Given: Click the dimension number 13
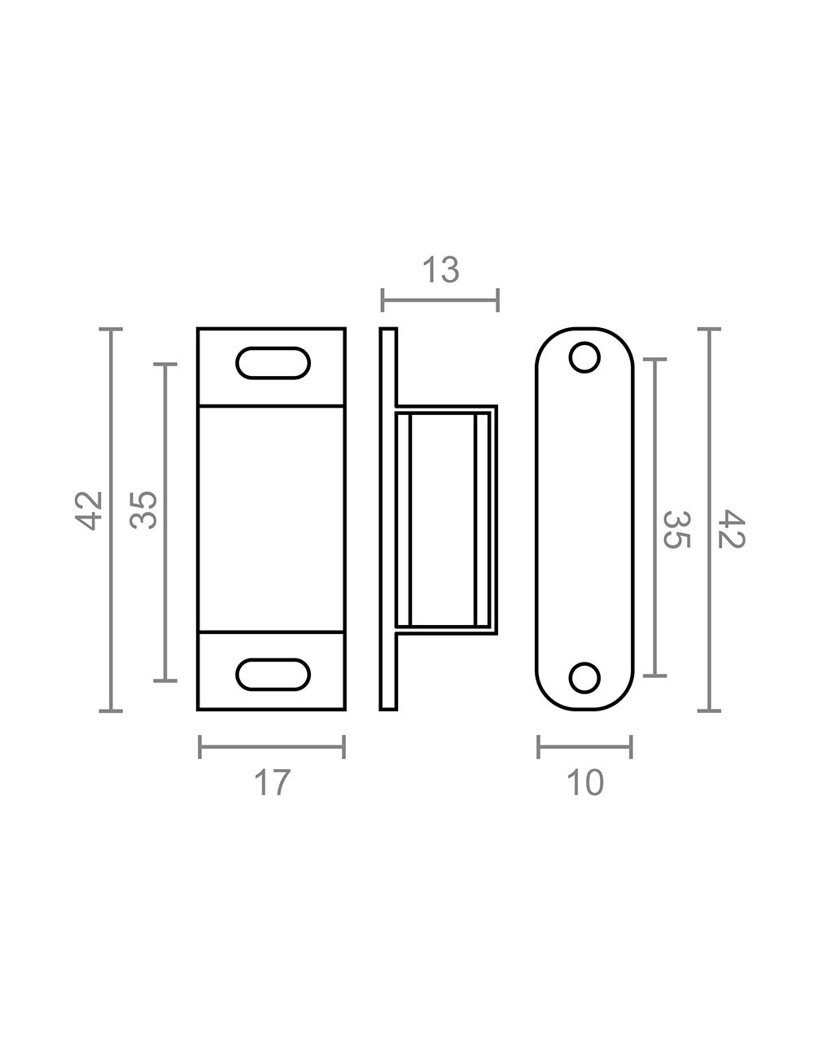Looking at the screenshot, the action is (x=441, y=270).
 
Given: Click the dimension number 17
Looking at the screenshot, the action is (x=272, y=782).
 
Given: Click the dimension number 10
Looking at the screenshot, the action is (x=584, y=782).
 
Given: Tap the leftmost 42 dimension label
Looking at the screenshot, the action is (x=89, y=510).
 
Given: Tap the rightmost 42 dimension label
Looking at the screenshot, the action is (x=731, y=529).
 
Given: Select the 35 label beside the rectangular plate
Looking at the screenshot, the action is (x=143, y=510).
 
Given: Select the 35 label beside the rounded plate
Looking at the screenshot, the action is (x=676, y=529).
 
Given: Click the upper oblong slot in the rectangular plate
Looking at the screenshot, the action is (x=274, y=363).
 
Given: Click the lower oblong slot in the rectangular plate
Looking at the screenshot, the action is (x=274, y=675).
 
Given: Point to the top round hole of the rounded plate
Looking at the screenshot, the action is (x=584, y=358).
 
